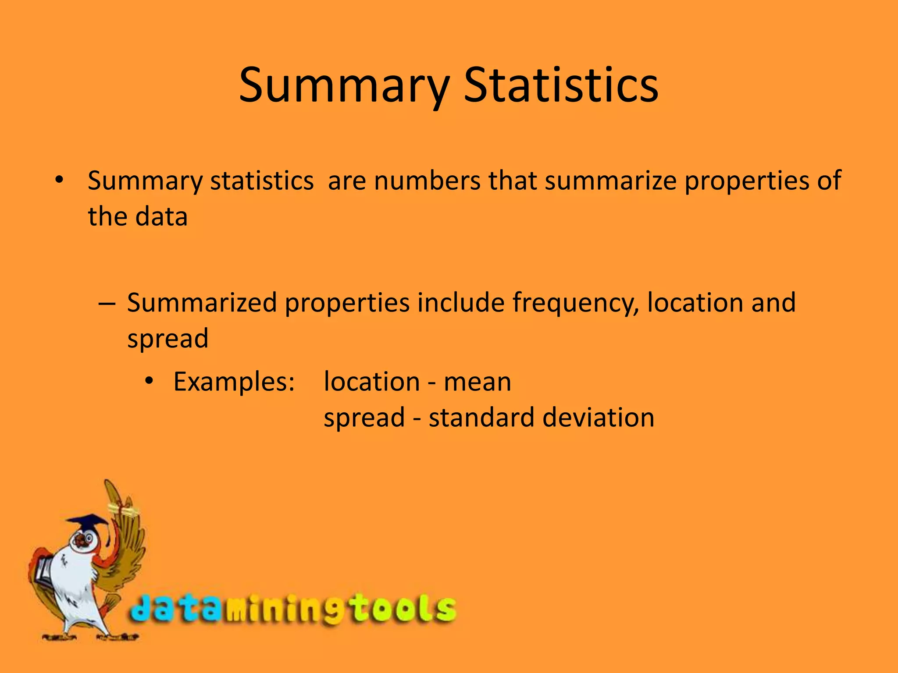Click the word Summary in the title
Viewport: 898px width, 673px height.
[345, 86]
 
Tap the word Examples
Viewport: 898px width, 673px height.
[234, 382]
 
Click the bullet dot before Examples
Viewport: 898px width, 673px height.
[150, 382]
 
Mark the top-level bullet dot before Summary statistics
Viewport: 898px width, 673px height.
[60, 180]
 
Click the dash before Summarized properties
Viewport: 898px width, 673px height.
[107, 303]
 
